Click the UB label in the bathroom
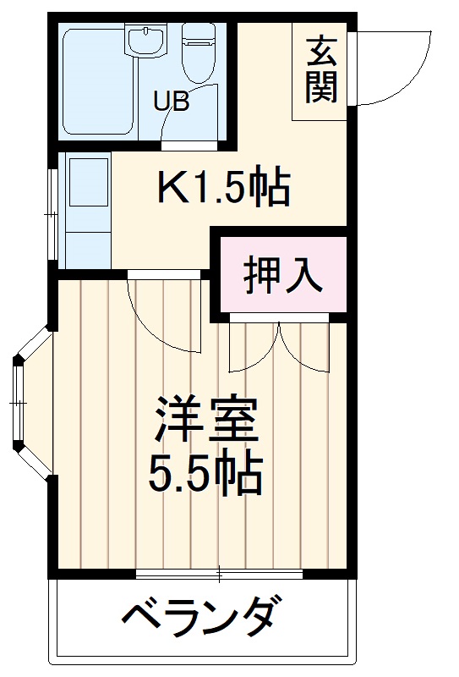click(x=171, y=101)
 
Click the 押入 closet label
click(x=283, y=274)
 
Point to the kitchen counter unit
click(x=88, y=208)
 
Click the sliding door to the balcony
click(x=220, y=575)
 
